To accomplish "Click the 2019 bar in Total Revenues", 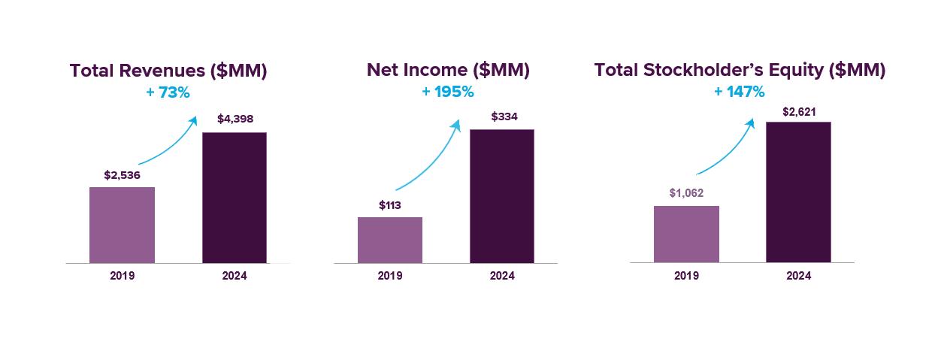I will click(122, 225).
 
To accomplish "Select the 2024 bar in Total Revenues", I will click(234, 198).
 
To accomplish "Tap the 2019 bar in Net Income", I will click(389, 240).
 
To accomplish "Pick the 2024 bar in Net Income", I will click(502, 196).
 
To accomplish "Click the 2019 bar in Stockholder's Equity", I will click(686, 234).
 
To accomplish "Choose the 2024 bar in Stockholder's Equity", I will click(798, 192).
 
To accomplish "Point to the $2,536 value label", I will click(122, 175).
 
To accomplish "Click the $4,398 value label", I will click(235, 118).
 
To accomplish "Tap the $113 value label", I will click(391, 205).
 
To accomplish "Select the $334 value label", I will click(504, 116).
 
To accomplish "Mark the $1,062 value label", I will click(686, 193).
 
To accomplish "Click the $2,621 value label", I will click(799, 111).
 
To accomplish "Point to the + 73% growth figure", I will click(168, 93).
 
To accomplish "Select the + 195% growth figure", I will click(448, 92).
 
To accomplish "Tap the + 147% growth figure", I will click(740, 92).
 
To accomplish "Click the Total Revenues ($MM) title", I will click(168, 71).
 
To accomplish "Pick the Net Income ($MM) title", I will click(448, 70).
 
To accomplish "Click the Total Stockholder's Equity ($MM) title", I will click(740, 70).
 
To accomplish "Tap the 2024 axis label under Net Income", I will click(502, 276).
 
